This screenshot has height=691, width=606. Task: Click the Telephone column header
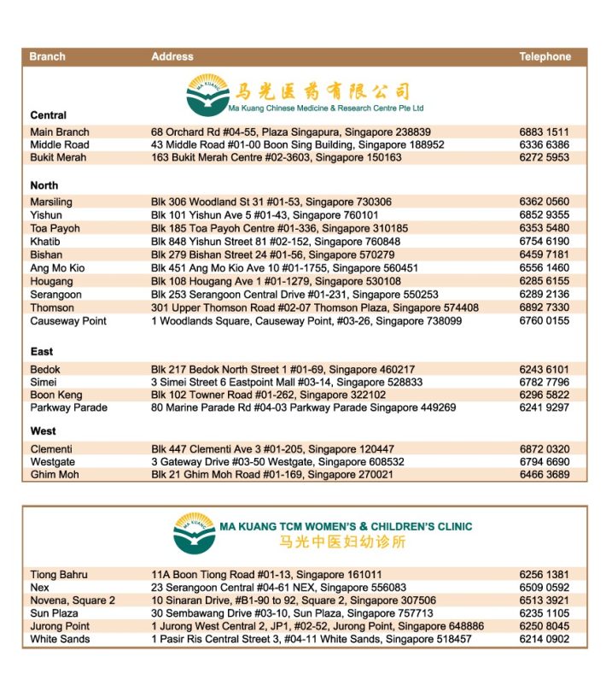pos(545,57)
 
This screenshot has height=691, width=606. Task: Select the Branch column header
pos(47,57)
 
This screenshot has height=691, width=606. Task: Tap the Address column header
pos(172,57)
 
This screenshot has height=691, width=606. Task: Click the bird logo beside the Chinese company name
pos(207,94)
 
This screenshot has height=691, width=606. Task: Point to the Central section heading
pos(48,115)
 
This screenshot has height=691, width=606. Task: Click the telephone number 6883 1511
pos(544,132)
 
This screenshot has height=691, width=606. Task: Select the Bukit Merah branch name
pos(58,158)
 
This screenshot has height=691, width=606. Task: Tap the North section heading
pos(44,185)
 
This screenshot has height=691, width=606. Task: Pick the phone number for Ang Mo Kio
pos(544,268)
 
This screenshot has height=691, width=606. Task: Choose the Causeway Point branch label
pos(68,321)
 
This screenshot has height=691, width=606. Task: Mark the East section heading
pos(42,352)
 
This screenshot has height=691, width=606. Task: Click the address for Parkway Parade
pos(303,408)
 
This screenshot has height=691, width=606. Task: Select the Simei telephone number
pos(544,383)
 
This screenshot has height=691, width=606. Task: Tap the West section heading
pos(43,431)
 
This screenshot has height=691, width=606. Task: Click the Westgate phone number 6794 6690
pos(544,462)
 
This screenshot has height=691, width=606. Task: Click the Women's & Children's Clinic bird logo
pos(194,533)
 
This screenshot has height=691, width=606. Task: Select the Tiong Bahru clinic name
pos(59,575)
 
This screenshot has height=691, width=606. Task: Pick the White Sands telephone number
pos(544,639)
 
